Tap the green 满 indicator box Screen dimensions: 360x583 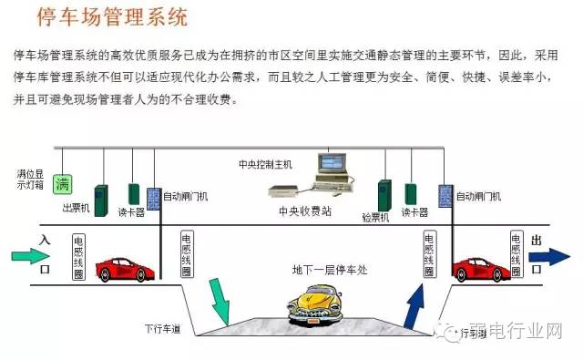coord(62,184)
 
